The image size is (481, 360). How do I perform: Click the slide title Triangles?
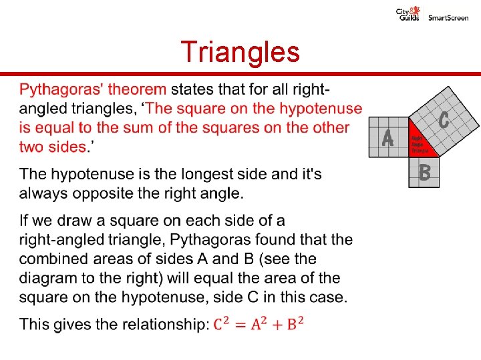[240, 52]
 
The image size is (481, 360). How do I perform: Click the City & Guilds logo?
[408, 13]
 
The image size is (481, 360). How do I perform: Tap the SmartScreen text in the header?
[448, 17]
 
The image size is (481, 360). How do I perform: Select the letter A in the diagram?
[387, 138]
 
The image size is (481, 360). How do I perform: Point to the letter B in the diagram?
[424, 174]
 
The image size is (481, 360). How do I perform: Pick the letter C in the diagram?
[444, 121]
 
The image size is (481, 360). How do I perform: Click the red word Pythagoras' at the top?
[59, 89]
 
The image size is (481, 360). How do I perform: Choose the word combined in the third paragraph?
[52, 258]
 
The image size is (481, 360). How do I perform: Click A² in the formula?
[258, 324]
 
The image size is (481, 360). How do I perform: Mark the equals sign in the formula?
[240, 325]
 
